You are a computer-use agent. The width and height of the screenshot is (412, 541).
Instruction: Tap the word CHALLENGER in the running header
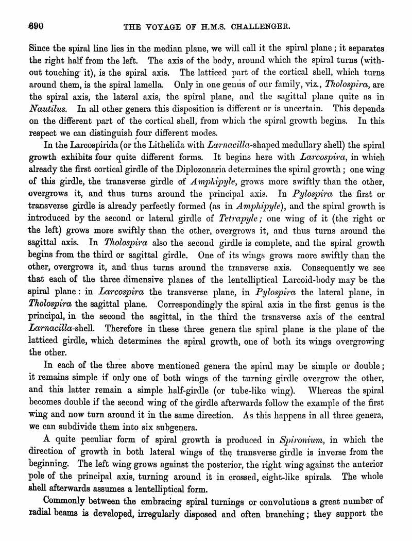[x=262, y=26]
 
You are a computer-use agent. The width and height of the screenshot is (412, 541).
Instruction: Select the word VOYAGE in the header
[x=162, y=26]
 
